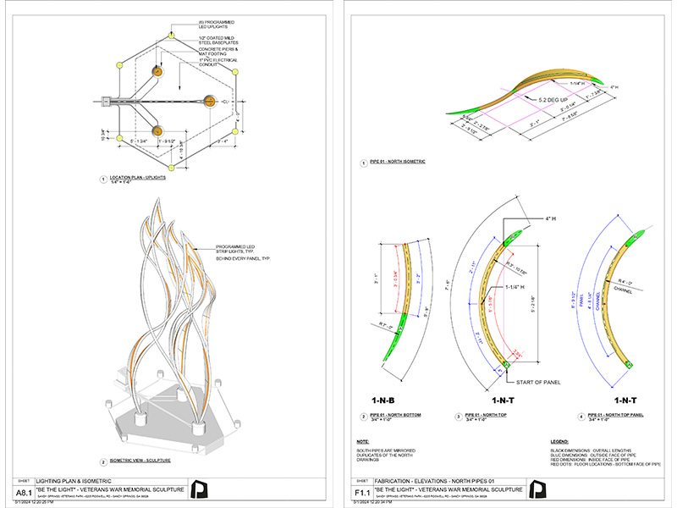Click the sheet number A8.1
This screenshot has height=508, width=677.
click(25, 491)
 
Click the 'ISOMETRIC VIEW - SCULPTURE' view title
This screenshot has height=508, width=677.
click(140, 461)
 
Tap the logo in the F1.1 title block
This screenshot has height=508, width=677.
click(539, 489)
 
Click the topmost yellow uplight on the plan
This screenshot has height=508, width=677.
click(172, 37)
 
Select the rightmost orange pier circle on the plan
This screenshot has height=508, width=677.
click(208, 102)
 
